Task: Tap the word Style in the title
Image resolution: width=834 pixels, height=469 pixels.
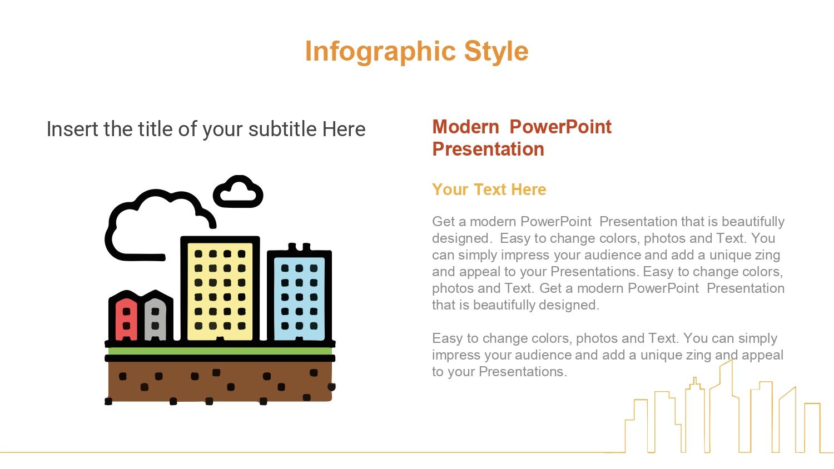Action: (x=497, y=52)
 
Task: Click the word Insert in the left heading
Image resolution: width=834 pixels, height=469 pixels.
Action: (x=73, y=129)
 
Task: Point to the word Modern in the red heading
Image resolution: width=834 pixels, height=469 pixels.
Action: (x=465, y=127)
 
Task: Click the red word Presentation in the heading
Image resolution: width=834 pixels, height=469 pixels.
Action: (x=488, y=149)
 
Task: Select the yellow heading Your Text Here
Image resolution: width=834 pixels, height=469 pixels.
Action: (x=489, y=189)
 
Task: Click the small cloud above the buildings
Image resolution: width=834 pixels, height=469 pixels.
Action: (x=239, y=191)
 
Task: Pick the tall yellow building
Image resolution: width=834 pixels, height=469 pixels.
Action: (x=220, y=289)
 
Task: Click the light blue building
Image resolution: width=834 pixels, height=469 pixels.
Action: (x=299, y=294)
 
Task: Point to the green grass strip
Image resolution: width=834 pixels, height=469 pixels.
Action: (x=220, y=351)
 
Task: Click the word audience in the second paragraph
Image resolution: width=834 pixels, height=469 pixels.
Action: (x=543, y=355)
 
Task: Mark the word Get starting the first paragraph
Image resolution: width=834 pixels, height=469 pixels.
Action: (x=444, y=222)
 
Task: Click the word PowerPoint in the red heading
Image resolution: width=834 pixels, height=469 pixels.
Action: (x=560, y=127)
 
